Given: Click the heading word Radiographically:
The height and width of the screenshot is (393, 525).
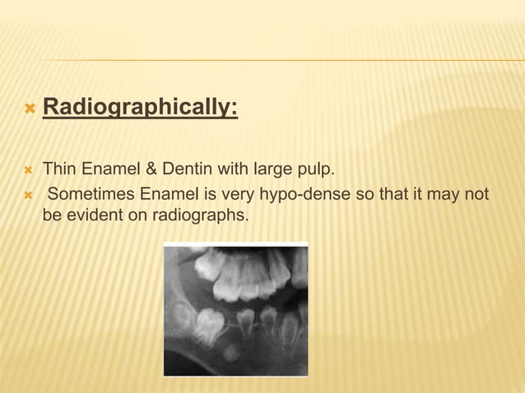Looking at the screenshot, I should pyautogui.click(x=140, y=108).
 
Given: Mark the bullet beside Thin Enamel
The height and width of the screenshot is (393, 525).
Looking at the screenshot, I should pyautogui.click(x=28, y=170).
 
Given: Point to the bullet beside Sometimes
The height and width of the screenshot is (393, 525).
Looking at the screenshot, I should pyautogui.click(x=28, y=195).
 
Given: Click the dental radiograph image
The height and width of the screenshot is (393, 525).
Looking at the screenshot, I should pyautogui.click(x=236, y=309).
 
